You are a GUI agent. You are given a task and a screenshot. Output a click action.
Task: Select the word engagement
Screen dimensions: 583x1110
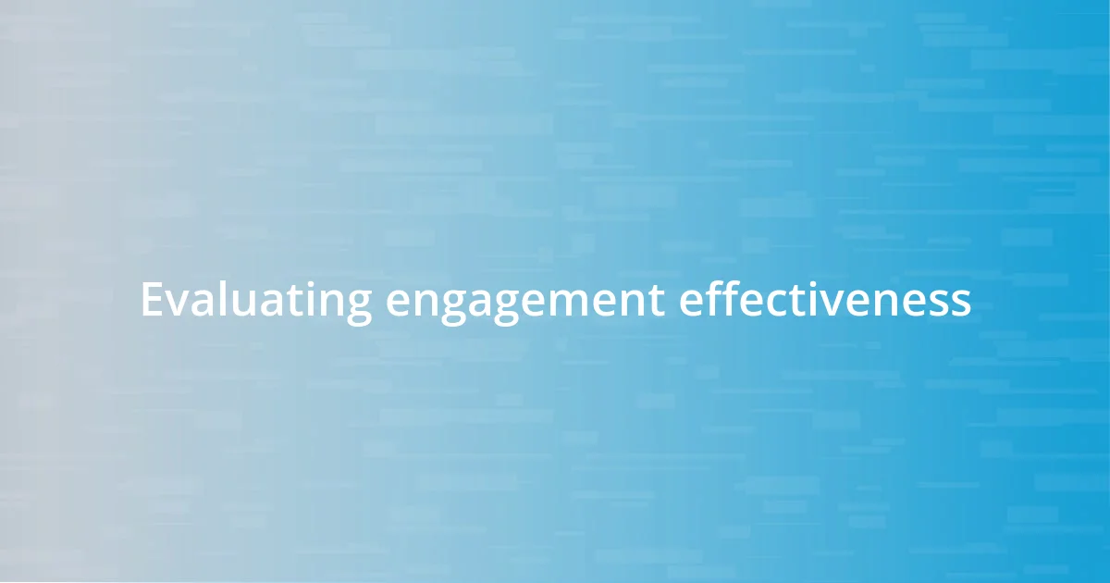pos(524,302)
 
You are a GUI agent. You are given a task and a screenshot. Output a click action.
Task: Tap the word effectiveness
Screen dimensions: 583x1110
pos(825,300)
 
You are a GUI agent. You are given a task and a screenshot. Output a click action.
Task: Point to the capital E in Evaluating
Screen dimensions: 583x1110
pos(151,300)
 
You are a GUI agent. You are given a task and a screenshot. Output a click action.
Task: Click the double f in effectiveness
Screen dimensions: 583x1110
pos(721,298)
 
